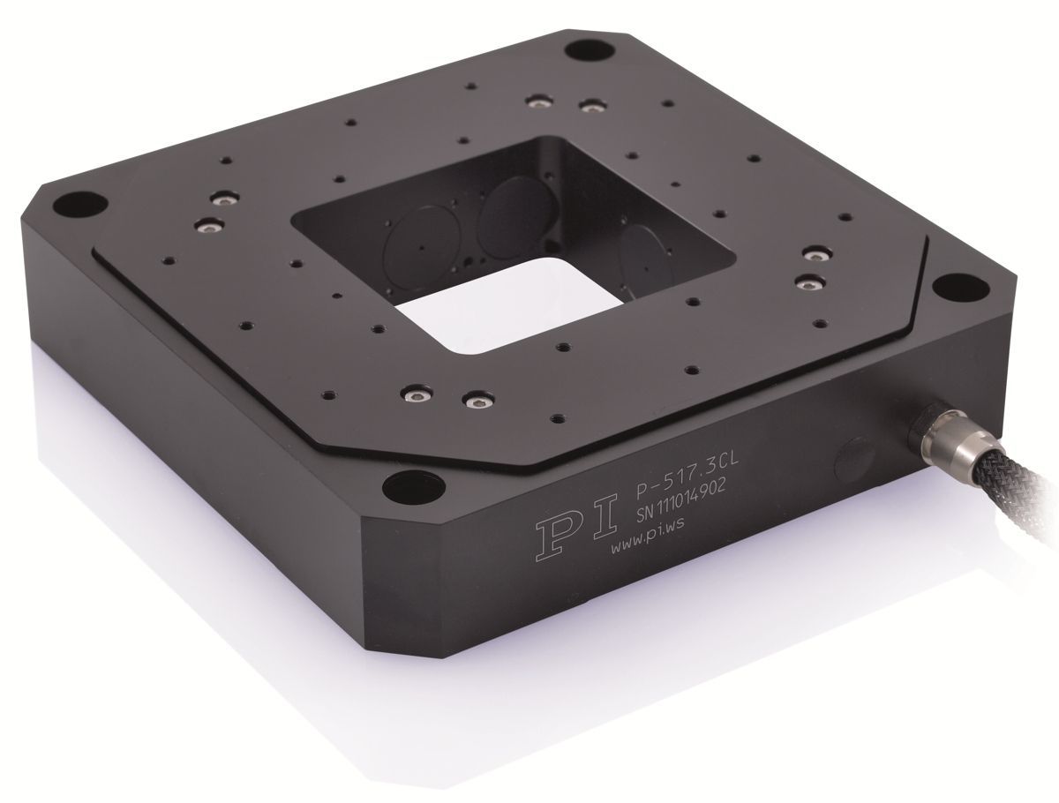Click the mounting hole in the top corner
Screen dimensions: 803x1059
coord(582,48)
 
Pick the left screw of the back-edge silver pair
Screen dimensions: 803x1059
coord(535,101)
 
